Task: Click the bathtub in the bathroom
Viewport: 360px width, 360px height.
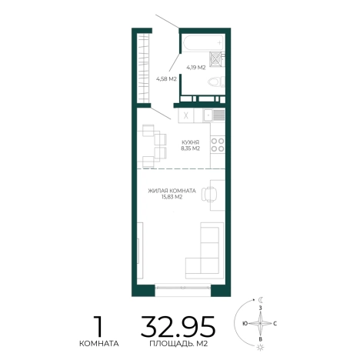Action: [203, 43]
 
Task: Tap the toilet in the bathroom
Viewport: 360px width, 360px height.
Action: [216, 82]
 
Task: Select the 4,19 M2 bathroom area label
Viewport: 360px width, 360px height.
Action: [196, 68]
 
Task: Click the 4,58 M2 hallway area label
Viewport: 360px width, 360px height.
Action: [166, 79]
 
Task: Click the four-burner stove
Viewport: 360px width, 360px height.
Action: [218, 145]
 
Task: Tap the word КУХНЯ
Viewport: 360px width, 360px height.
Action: [190, 142]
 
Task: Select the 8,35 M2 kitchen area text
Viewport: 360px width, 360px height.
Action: [190, 148]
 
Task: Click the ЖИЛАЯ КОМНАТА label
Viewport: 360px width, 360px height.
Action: [172, 191]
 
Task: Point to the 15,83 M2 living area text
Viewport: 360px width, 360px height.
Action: [172, 197]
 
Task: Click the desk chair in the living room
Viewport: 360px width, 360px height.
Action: [209, 194]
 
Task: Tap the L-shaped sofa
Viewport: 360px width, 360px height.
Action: [205, 251]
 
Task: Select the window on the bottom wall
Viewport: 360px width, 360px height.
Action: [183, 287]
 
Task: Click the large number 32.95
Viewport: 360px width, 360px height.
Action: [178, 327]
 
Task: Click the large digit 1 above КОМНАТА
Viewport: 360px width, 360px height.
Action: [98, 326]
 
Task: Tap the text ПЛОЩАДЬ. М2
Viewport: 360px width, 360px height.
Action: [178, 344]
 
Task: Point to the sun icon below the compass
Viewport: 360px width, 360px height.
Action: [261, 348]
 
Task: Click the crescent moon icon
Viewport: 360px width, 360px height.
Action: [261, 299]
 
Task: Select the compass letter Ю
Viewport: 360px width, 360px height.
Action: [245, 324]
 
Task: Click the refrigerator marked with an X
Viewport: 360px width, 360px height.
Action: [186, 115]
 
